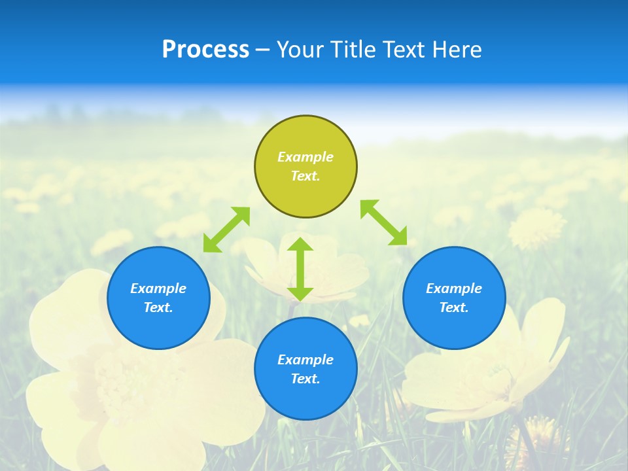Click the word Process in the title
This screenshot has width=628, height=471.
click(205, 50)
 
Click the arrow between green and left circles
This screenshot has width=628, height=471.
click(226, 230)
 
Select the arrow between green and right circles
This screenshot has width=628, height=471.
click(384, 222)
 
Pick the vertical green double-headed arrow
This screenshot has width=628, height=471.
click(300, 269)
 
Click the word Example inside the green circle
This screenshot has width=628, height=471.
click(305, 157)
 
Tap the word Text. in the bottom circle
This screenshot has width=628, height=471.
click(305, 379)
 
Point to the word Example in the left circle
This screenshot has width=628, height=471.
click(158, 288)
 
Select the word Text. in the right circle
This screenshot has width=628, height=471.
click(454, 307)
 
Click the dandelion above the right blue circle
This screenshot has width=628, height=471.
click(536, 228)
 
